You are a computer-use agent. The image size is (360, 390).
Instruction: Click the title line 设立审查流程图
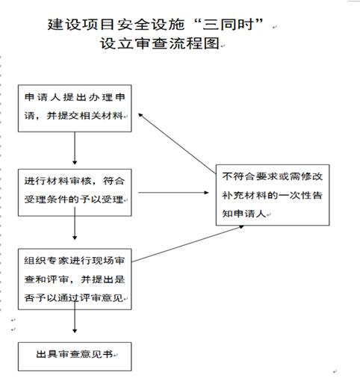pos(160,43)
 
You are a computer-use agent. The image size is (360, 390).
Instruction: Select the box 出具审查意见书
pos(75,356)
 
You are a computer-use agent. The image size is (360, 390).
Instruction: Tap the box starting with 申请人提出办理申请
pos(75,108)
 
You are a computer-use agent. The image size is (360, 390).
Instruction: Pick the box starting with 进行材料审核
pos(75,193)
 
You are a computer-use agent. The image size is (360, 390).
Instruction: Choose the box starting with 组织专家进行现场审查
pos(75,279)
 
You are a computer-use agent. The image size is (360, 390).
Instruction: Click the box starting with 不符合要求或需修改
pos(273,195)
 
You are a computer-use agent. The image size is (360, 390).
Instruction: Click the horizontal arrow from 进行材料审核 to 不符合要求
pos(173,193)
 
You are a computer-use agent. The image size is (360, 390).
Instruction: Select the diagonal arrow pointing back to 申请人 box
pos(177,143)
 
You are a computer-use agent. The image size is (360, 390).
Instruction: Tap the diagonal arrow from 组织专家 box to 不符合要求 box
pos(187,244)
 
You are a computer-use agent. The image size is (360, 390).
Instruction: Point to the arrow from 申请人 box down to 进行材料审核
pos(75,148)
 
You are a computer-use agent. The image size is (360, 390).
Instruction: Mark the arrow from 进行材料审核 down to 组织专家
pos(75,223)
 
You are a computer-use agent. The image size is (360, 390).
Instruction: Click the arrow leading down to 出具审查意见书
pos(75,316)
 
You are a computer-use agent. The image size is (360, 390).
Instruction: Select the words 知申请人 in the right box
pos(244,214)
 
